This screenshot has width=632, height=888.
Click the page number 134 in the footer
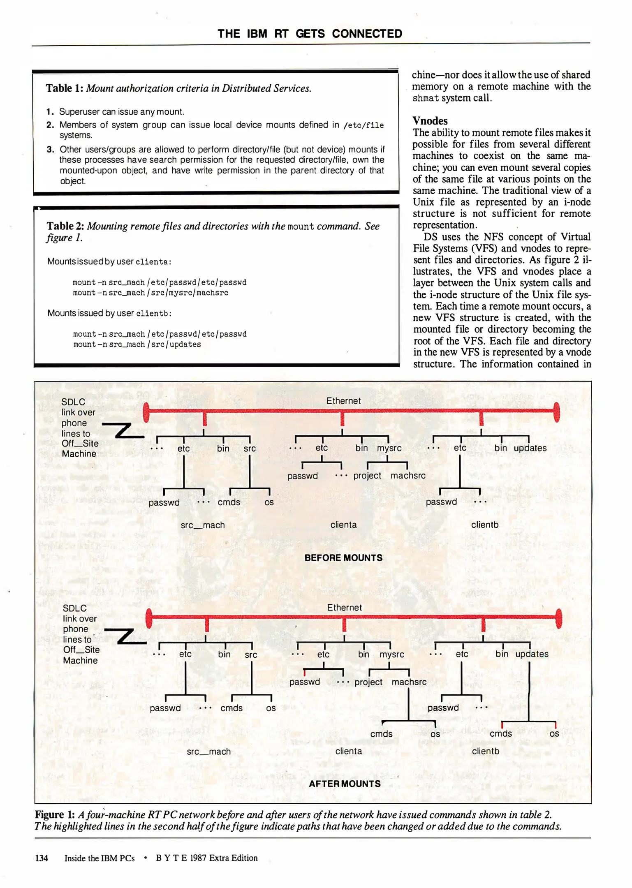(x=42, y=858)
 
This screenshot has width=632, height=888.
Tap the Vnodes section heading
(x=430, y=121)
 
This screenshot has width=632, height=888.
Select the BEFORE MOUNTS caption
(x=343, y=558)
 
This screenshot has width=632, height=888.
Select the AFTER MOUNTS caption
(x=345, y=784)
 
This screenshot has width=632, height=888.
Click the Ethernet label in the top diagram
(x=343, y=401)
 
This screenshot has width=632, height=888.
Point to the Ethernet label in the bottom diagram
(x=344, y=608)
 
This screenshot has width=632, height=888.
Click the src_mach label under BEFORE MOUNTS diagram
(x=203, y=525)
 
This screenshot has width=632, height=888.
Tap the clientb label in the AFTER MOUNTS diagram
(x=485, y=751)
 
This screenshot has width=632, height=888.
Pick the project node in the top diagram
(x=367, y=476)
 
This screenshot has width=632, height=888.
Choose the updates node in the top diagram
(x=530, y=448)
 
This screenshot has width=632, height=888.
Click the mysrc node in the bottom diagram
(x=391, y=654)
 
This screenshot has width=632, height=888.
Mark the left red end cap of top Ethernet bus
(x=146, y=412)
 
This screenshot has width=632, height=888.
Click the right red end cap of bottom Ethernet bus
(x=558, y=618)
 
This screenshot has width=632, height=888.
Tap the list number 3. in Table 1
(x=50, y=150)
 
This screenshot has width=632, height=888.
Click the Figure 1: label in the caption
(x=55, y=815)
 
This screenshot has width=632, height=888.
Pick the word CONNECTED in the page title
(x=367, y=34)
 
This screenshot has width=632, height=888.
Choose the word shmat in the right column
(x=426, y=98)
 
